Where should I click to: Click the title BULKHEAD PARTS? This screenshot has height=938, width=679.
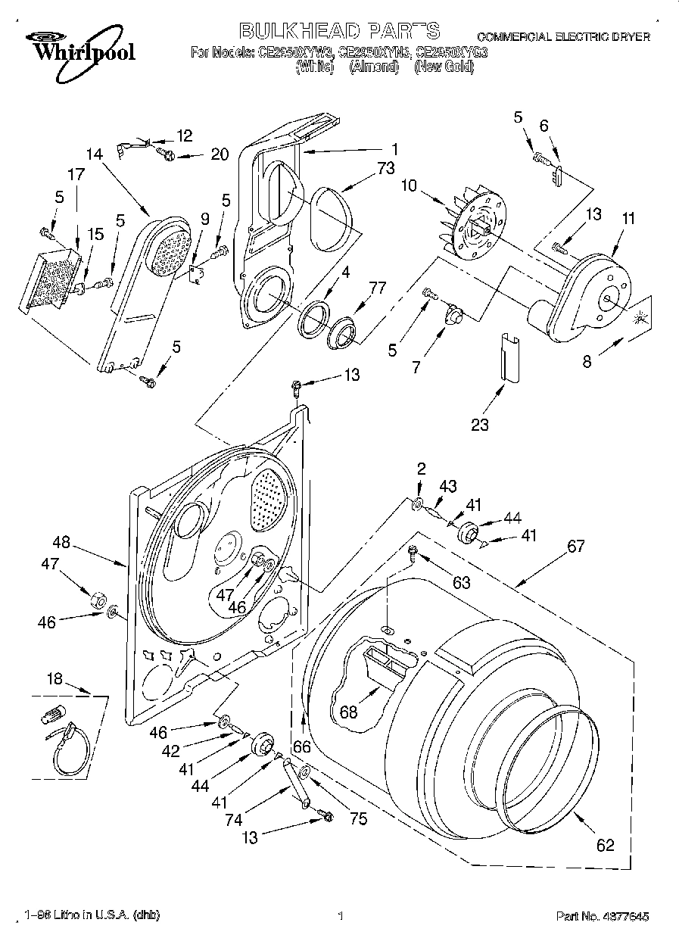339,31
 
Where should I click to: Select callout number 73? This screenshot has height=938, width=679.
386,169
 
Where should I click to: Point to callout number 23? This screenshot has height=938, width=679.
480,425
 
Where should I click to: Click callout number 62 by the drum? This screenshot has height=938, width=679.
605,846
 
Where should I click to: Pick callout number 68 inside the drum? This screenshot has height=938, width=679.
348,712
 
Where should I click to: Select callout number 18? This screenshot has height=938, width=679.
55,679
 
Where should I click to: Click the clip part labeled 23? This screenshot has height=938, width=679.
506,356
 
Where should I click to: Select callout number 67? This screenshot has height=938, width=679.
576,546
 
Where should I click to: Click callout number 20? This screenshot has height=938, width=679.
219,155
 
